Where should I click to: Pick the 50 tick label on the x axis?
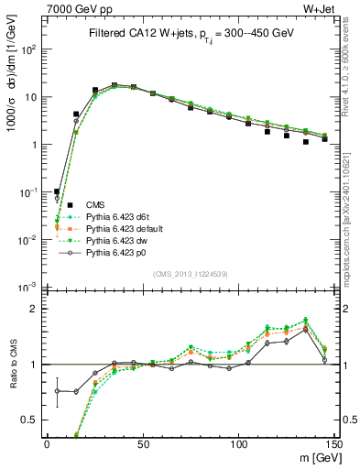(x=142, y=442)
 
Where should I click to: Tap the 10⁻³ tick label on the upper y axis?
(x=28, y=288)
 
